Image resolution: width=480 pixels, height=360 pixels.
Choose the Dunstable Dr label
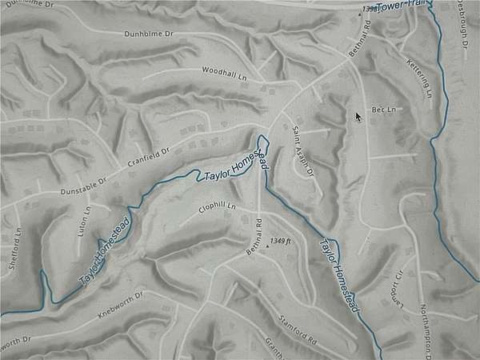(83, 186)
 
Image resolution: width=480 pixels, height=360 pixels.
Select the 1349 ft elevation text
(282, 240)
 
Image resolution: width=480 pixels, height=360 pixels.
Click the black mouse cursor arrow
(358, 117)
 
